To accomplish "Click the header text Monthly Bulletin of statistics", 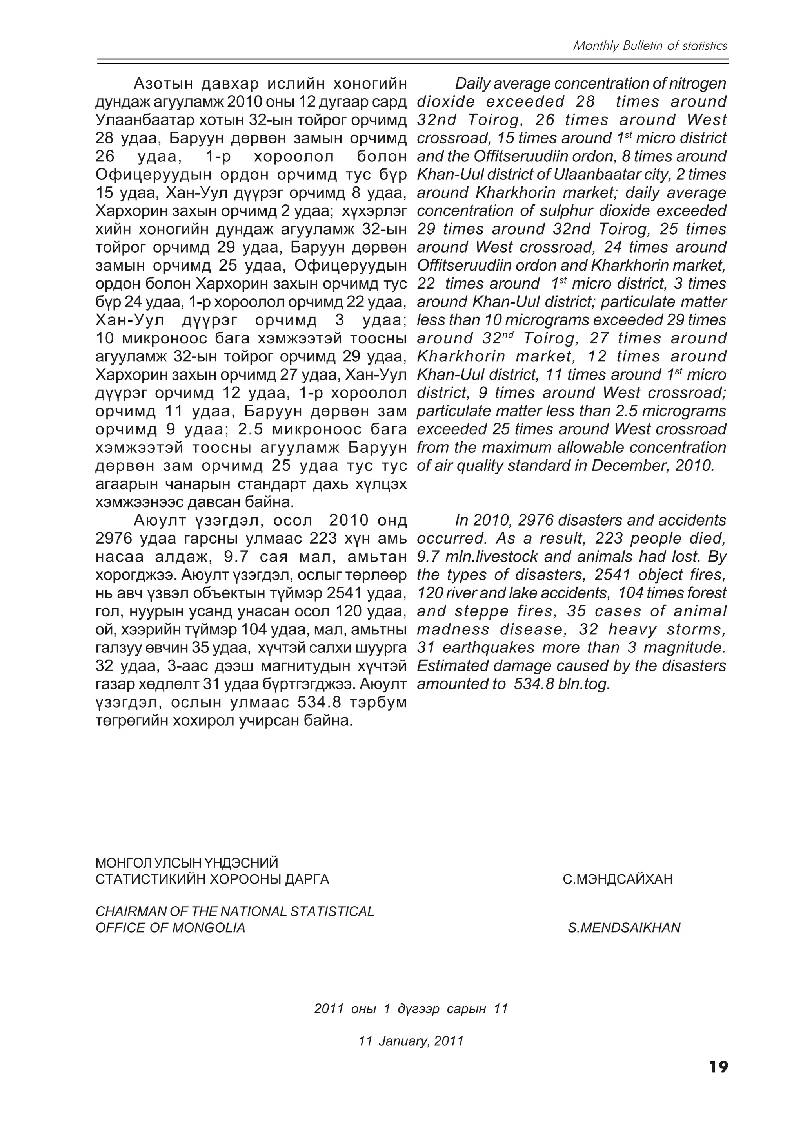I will pos(650,46).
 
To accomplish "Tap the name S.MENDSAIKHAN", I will pos(624,928).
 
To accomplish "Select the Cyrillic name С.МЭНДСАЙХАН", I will pos(618,879).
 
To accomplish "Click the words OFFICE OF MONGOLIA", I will pos(170,928).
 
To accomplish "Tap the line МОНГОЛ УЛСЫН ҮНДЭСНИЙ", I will pos(187,863).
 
